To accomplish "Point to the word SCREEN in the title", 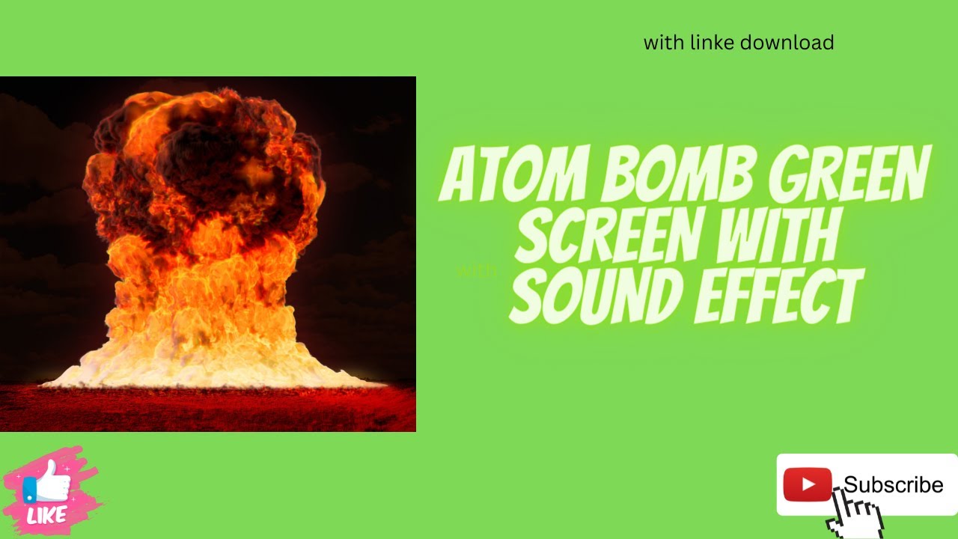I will coord(606,236).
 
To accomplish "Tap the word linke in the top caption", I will coord(711,43).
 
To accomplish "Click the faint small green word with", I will coord(476,271).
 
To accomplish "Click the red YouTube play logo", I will coord(808,484).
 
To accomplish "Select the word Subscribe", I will coord(893,485).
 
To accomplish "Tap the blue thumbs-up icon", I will coord(46,483).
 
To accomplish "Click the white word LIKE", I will coord(47,515).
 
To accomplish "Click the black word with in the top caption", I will coord(663,43).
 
